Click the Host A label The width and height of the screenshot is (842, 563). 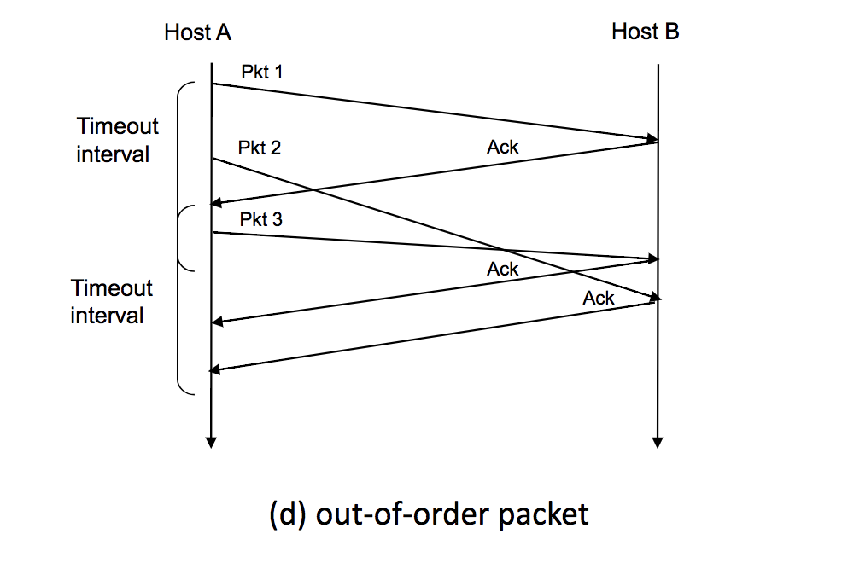[197, 33]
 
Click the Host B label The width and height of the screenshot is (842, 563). [646, 32]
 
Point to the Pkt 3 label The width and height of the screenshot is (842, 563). [260, 220]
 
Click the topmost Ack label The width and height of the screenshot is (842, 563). [502, 148]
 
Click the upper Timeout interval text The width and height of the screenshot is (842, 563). [117, 140]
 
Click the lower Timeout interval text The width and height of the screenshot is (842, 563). [111, 301]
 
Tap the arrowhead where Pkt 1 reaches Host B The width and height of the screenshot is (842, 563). [652, 138]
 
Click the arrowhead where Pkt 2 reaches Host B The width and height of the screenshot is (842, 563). [654, 298]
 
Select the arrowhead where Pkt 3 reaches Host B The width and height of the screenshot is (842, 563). [653, 258]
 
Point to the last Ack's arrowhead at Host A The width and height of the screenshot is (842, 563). [217, 369]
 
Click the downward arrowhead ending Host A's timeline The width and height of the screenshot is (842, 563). [211, 442]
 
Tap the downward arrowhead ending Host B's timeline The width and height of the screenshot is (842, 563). [658, 442]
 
